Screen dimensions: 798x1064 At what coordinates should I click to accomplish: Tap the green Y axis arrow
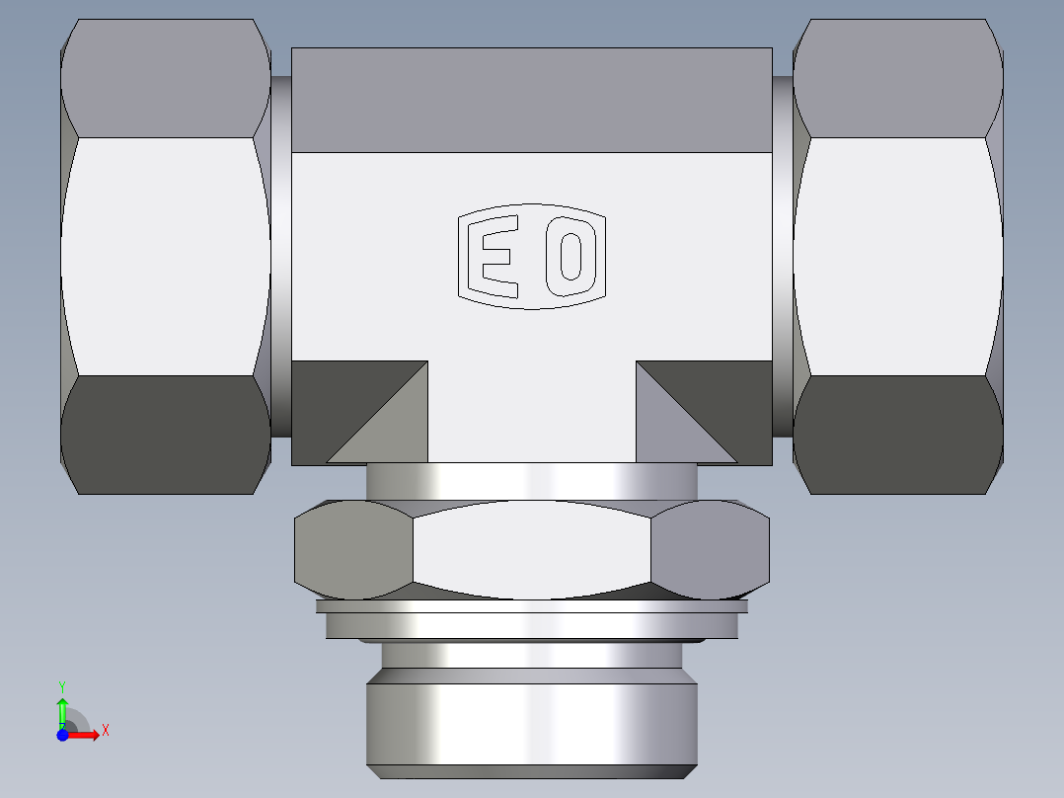click(x=62, y=708)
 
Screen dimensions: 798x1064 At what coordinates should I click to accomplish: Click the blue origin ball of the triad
click(x=62, y=735)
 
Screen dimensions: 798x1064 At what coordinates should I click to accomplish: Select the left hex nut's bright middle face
click(x=165, y=257)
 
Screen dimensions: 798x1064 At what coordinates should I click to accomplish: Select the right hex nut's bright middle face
click(x=897, y=257)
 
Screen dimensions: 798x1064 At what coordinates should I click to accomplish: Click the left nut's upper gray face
click(x=165, y=79)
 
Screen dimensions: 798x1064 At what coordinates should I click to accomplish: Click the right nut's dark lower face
click(x=897, y=435)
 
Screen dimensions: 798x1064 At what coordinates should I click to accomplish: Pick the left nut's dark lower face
click(x=165, y=435)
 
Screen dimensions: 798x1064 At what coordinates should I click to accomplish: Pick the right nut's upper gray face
click(x=897, y=79)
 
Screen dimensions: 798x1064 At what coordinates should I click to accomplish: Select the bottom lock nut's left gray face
click(x=354, y=550)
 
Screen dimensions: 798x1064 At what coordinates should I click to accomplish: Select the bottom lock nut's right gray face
click(x=711, y=550)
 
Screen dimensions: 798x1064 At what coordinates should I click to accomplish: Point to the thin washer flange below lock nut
click(x=531, y=624)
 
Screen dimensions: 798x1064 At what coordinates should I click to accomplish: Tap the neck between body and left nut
click(x=281, y=257)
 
